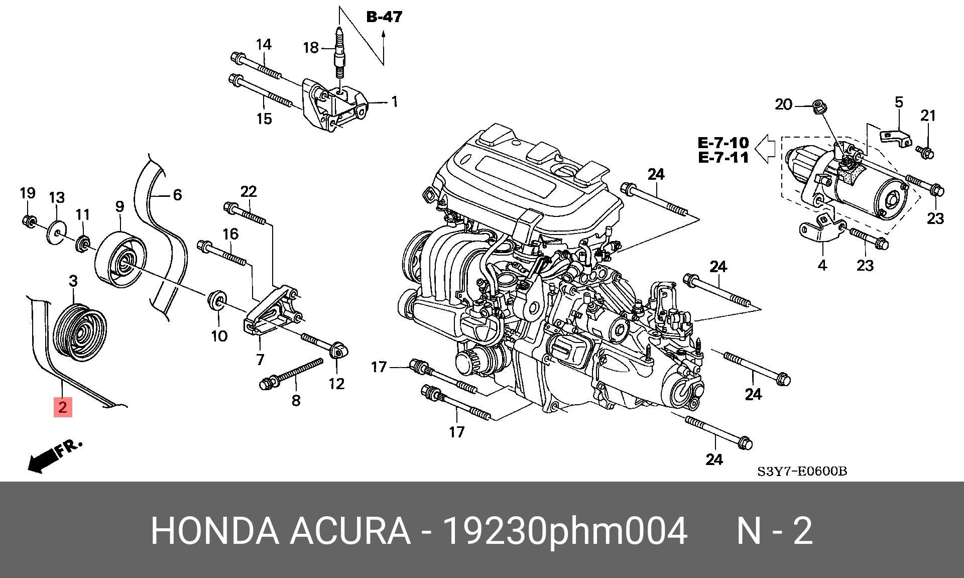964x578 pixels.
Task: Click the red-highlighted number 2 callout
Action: pyautogui.click(x=63, y=407)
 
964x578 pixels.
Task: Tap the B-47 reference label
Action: pyautogui.click(x=384, y=17)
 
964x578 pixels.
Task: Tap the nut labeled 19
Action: pyautogui.click(x=29, y=220)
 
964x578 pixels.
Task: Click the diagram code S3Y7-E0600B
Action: pyautogui.click(x=802, y=472)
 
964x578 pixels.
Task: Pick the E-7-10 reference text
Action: pyautogui.click(x=723, y=143)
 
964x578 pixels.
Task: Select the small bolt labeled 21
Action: pyautogui.click(x=925, y=151)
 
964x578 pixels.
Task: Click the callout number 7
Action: pyautogui.click(x=260, y=359)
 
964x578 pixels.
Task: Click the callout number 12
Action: pyautogui.click(x=336, y=384)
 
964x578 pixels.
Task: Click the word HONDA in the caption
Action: pyautogui.click(x=215, y=531)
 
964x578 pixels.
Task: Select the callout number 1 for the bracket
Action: pyautogui.click(x=395, y=102)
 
